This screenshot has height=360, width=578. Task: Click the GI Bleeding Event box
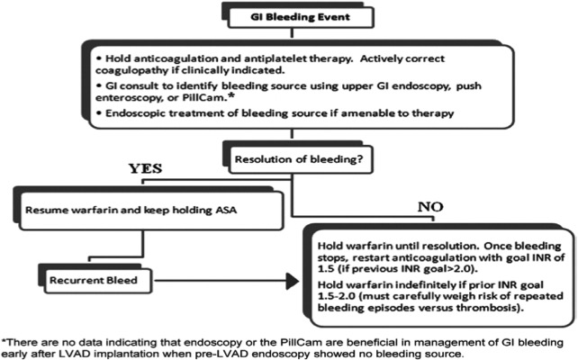(x=301, y=17)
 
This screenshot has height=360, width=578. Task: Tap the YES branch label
(x=145, y=168)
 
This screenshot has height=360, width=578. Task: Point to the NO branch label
(x=430, y=207)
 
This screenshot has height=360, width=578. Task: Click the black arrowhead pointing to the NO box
(x=293, y=281)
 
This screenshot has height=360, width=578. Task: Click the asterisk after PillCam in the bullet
(x=232, y=95)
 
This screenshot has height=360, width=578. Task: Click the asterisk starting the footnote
(x=5, y=341)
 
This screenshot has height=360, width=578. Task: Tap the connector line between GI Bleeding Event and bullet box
(x=292, y=32)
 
